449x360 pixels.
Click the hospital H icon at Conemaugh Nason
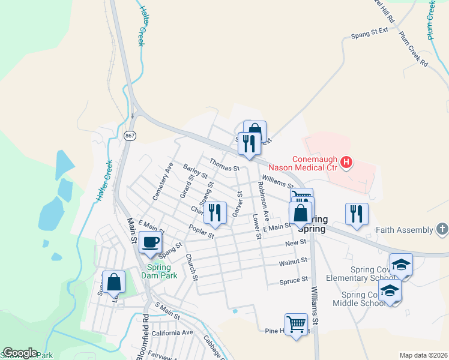(346, 161)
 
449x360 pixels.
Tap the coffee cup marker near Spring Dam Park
(149, 243)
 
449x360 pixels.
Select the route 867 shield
(130, 136)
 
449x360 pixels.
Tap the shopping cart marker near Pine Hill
(296, 324)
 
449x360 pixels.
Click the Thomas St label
(224, 164)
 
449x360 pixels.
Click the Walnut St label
(293, 262)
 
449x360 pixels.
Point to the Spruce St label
(294, 280)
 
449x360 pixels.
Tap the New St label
(295, 242)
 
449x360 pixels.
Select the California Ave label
(172, 332)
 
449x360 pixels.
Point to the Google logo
(20, 353)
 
